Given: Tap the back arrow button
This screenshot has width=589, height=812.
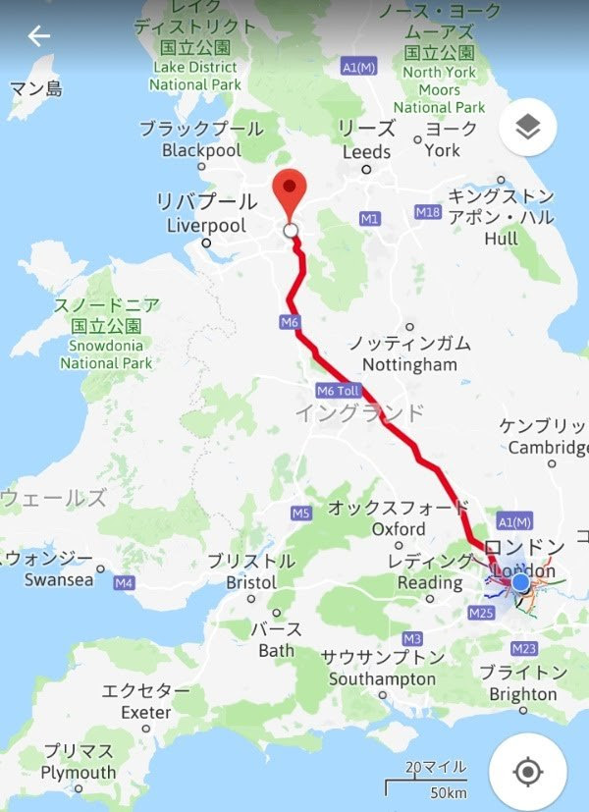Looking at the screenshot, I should point(39,36).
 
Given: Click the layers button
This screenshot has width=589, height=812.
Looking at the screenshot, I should point(528,128).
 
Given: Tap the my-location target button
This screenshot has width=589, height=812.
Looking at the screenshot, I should point(528,771).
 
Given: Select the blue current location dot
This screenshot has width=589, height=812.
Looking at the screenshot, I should point(520,583).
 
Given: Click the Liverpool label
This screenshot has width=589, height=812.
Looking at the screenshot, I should point(206,225).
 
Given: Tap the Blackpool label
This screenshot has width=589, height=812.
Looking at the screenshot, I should point(200,150).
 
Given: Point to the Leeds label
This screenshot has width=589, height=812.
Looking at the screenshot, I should point(366,152).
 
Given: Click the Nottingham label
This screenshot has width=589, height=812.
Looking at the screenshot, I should point(409,364).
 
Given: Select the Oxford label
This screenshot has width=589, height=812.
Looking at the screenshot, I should point(399,529).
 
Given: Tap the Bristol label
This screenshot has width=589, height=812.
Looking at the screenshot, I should point(251,582).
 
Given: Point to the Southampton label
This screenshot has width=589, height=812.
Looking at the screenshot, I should point(382,678).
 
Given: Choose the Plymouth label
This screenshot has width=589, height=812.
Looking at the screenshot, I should point(79,773).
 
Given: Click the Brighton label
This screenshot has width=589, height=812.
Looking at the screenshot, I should point(523,694).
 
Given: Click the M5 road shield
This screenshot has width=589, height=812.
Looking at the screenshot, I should point(301,513).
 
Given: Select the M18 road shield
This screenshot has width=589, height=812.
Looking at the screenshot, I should point(427,212).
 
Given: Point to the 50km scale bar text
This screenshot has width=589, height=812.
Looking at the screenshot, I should point(448,792).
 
